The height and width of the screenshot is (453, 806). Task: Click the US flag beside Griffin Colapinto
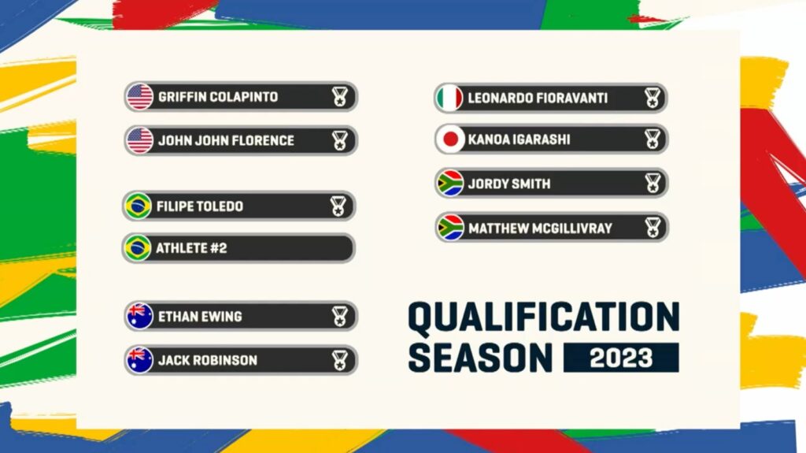[x=140, y=97]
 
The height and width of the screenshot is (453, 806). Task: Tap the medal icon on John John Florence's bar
[x=339, y=140]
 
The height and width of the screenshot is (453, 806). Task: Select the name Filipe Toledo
[x=199, y=206]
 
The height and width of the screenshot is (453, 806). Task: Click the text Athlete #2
[x=191, y=248]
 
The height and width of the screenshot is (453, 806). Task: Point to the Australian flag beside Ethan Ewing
[x=140, y=316]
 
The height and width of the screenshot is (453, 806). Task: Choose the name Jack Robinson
[x=208, y=360]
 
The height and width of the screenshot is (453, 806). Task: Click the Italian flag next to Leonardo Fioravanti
[x=449, y=98]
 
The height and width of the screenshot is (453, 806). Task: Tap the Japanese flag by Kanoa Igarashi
[x=450, y=139]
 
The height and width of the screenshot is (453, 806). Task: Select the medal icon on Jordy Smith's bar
[x=653, y=184]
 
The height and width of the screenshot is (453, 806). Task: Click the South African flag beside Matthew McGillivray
[x=450, y=228]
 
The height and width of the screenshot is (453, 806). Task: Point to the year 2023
[x=621, y=358]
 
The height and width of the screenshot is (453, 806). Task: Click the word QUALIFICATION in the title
[x=544, y=318]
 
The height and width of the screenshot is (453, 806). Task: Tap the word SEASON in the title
[x=480, y=358]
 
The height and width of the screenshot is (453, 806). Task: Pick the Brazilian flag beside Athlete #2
[x=138, y=248]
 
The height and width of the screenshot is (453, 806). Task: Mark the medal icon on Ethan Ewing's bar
[x=339, y=317]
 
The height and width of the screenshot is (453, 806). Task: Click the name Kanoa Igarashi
[x=519, y=139]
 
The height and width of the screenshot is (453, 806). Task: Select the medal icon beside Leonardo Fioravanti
[x=653, y=98]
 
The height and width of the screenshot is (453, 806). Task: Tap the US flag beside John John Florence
[x=140, y=140]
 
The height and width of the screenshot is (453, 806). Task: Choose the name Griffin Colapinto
[x=218, y=97]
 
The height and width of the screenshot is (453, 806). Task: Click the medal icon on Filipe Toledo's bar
[x=338, y=206]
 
